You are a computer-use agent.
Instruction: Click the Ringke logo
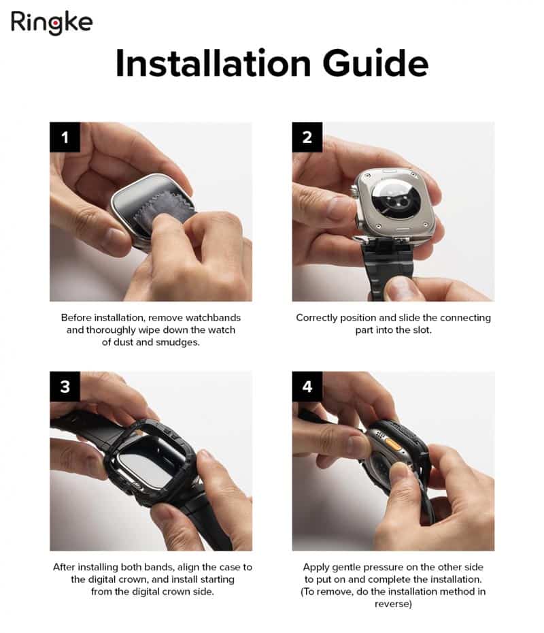(52, 22)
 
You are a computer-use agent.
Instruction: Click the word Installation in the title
(213, 63)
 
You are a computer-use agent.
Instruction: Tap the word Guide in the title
(375, 63)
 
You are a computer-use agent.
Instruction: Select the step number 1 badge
(65, 137)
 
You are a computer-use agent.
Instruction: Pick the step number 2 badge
(307, 137)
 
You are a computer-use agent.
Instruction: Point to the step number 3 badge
(65, 387)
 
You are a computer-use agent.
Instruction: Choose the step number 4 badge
(307, 387)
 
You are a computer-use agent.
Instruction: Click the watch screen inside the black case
(146, 465)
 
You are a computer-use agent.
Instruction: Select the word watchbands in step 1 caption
(213, 318)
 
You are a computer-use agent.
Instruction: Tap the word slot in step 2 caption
(422, 330)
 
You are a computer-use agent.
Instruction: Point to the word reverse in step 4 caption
(393, 604)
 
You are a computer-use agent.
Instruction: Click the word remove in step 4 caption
(331, 592)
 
